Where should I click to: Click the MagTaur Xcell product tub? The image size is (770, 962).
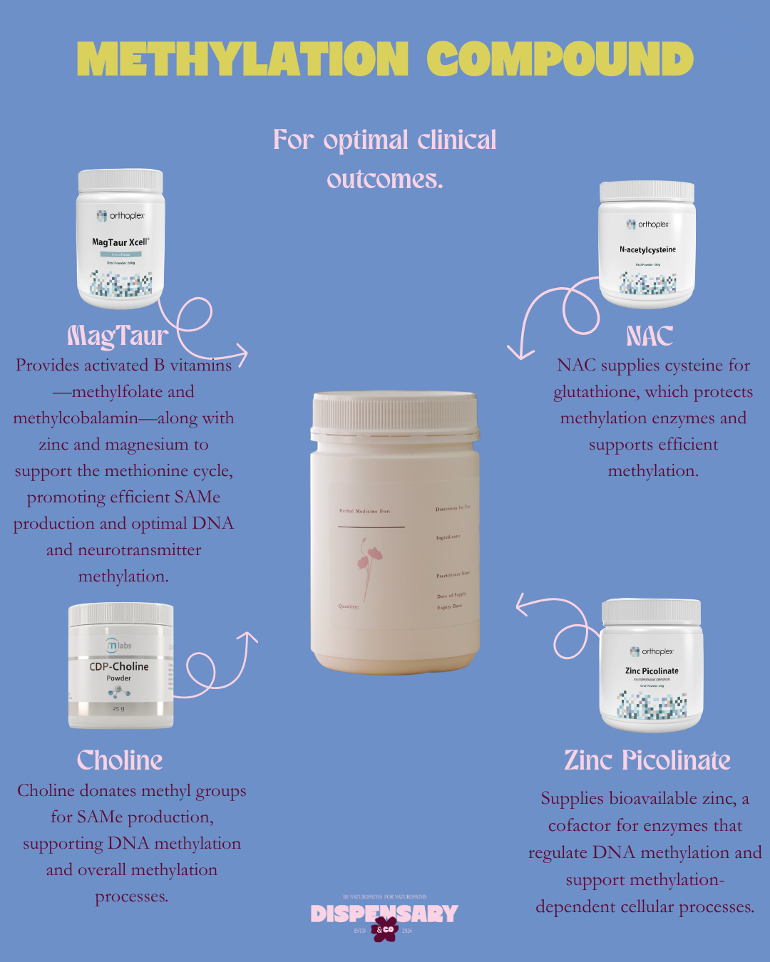(x=120, y=239)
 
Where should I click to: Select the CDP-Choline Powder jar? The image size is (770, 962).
(x=120, y=666)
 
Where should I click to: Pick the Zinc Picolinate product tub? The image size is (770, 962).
(x=652, y=666)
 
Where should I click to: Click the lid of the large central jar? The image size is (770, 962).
(x=395, y=411)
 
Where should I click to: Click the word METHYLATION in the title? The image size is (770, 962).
(x=242, y=59)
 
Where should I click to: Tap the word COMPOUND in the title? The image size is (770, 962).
(x=560, y=59)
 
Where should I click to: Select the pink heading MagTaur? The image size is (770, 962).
(x=118, y=336)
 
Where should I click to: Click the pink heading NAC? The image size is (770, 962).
(x=650, y=336)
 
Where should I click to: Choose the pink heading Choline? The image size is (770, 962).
(x=120, y=760)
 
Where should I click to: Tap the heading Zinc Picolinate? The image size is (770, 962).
(x=647, y=760)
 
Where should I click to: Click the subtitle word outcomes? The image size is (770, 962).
(x=385, y=179)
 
